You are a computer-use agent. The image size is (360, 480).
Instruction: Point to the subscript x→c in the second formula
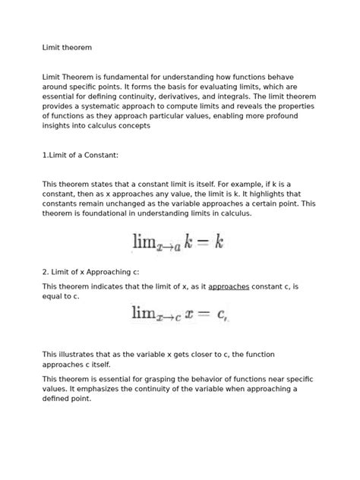click(x=168, y=317)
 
